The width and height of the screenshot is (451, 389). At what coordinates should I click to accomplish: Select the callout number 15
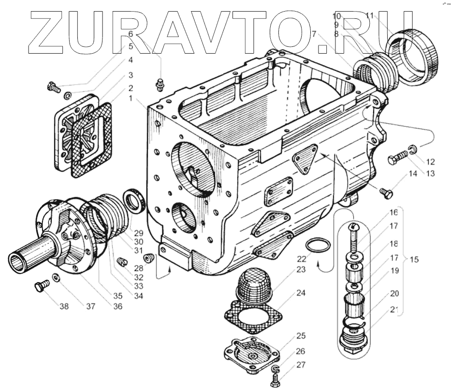(413, 259)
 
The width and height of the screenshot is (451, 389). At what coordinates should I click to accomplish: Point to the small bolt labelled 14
(386, 193)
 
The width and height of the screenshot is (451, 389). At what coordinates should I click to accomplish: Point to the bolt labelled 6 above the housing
(160, 84)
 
